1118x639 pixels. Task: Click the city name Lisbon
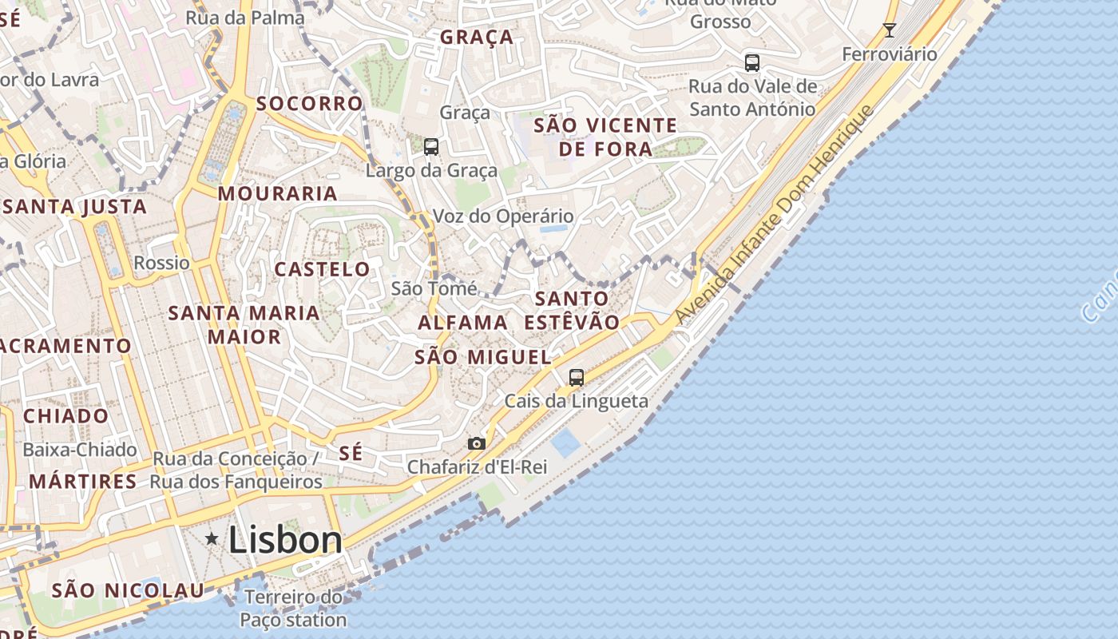tap(285, 541)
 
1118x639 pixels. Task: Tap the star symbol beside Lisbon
tap(212, 538)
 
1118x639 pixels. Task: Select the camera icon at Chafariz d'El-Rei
tap(477, 443)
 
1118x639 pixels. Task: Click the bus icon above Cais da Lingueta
tap(577, 377)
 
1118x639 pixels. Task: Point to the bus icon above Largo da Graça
tap(431, 146)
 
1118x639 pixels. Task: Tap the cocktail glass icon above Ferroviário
tap(889, 30)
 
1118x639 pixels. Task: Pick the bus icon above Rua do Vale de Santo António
tap(751, 62)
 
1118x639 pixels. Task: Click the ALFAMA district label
tap(463, 323)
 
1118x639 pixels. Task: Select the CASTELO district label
tap(323, 269)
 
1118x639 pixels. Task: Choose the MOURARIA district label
tap(278, 193)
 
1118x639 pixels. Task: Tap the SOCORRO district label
tap(310, 103)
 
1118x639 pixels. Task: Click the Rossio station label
tap(162, 263)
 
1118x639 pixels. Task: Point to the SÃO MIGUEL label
tap(483, 357)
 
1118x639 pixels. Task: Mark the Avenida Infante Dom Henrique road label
tap(774, 216)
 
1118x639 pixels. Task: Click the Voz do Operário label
tap(503, 216)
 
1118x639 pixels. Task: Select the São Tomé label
tap(434, 288)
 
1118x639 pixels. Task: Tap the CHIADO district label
tap(65, 415)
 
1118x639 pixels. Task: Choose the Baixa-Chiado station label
tap(80, 450)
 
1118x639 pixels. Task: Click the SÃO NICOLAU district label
tap(128, 591)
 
